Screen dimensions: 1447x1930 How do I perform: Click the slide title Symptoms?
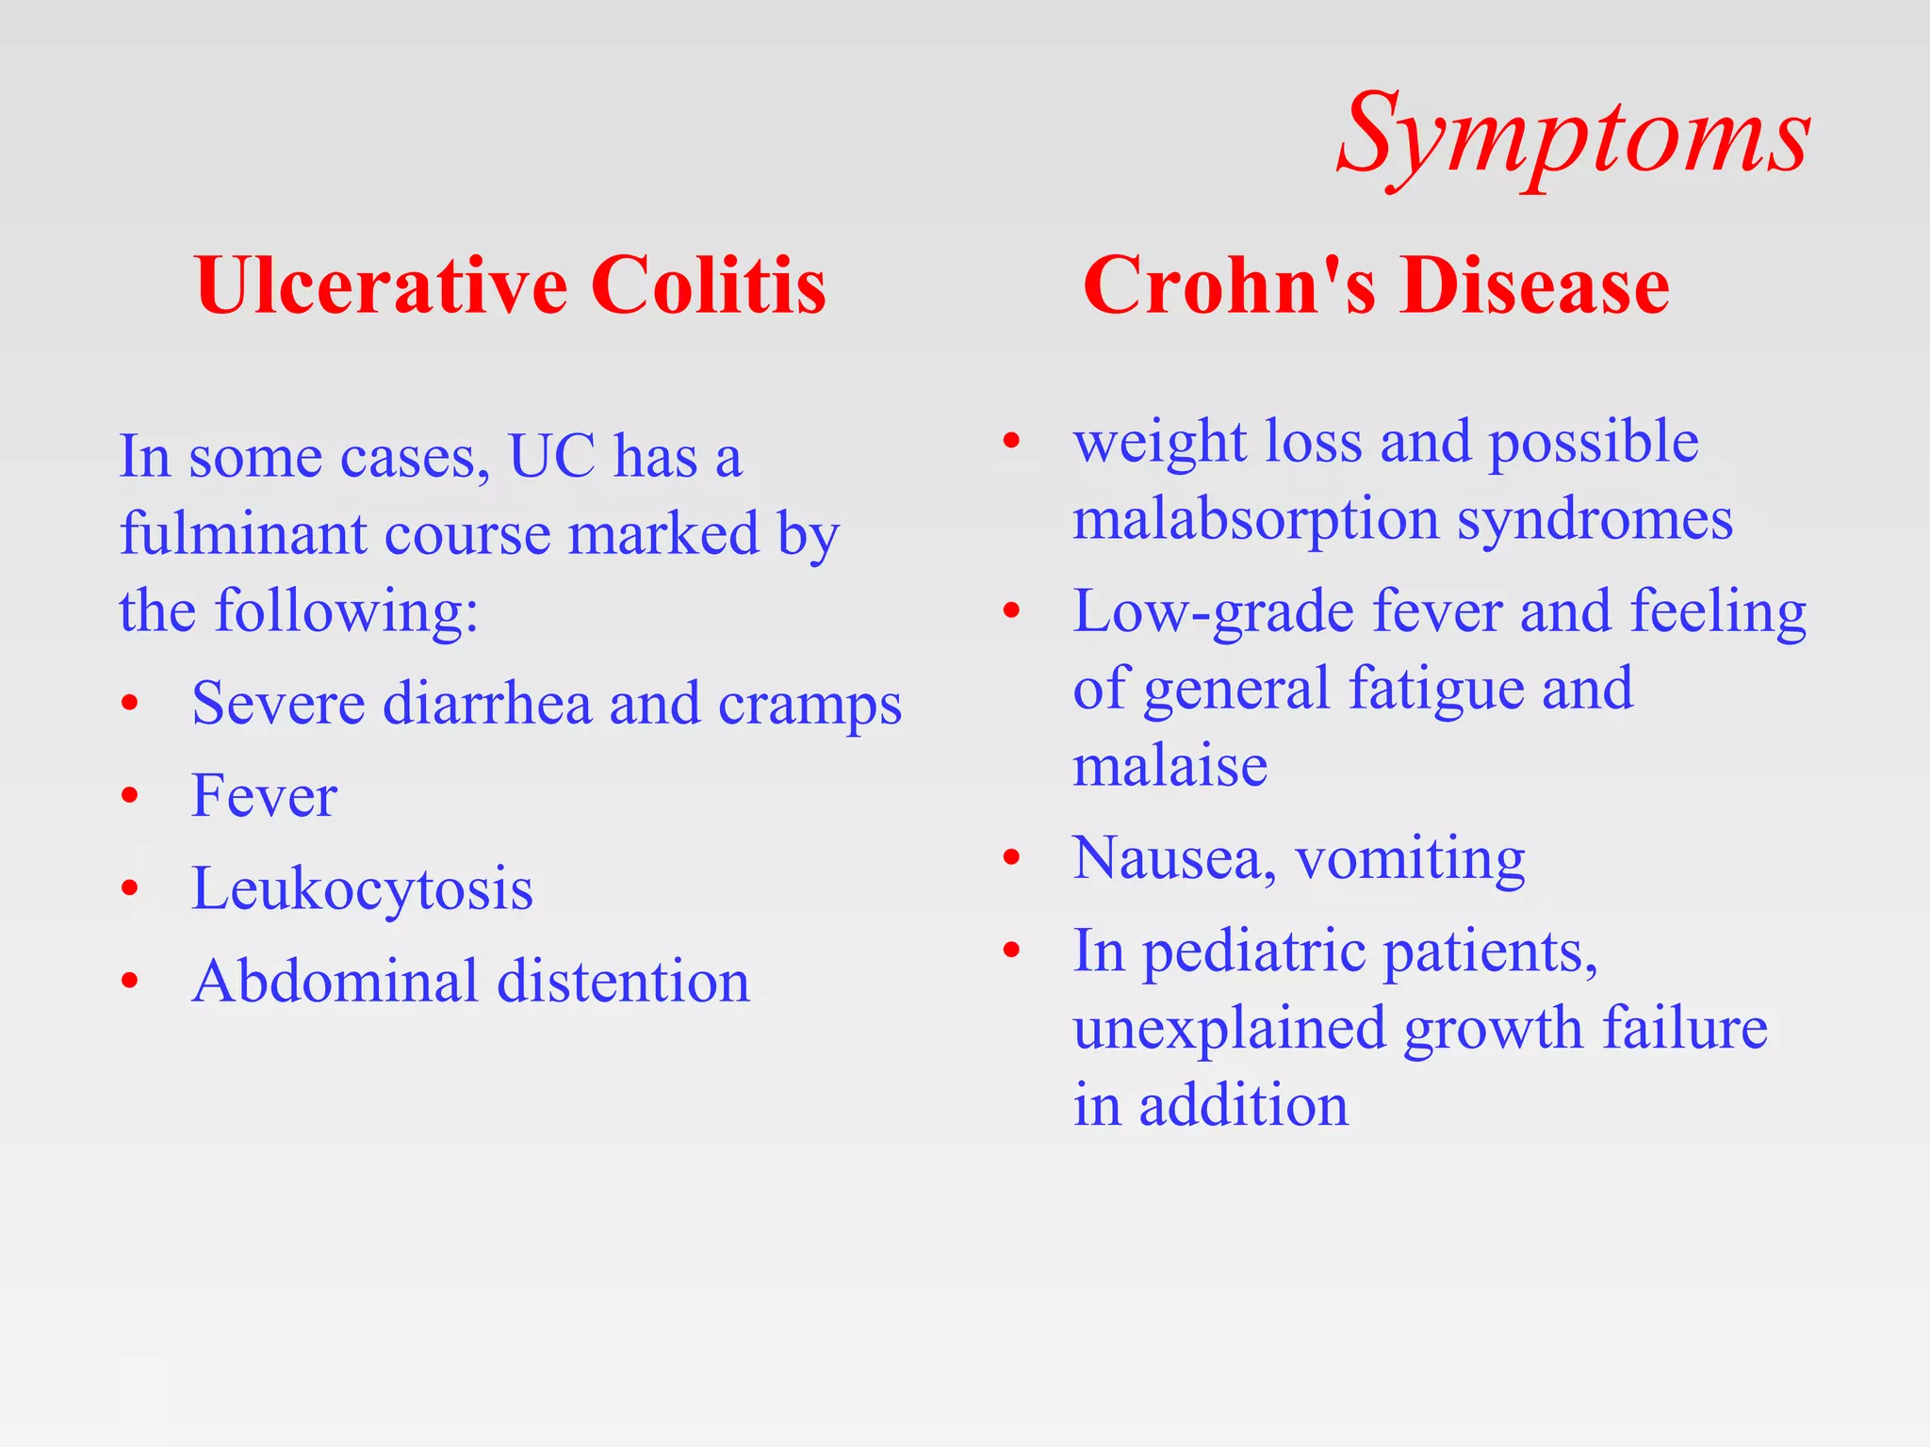point(1573,137)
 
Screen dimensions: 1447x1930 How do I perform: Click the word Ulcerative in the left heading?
point(381,285)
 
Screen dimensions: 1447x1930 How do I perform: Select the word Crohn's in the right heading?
point(1230,285)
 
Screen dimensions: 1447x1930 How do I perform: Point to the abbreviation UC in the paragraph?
point(551,457)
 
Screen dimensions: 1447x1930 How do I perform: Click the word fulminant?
point(243,534)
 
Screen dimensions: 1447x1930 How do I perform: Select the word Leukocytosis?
point(362,888)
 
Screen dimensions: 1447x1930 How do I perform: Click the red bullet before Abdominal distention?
point(130,982)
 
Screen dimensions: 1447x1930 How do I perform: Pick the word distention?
point(623,982)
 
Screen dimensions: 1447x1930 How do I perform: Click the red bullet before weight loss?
point(1011,441)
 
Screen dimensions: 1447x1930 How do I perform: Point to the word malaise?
point(1169,766)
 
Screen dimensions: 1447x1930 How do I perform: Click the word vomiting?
point(1410,859)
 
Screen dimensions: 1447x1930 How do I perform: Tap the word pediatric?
point(1254,951)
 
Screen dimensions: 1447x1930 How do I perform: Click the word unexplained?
point(1230,1028)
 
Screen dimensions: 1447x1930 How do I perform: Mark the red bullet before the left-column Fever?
point(130,796)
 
